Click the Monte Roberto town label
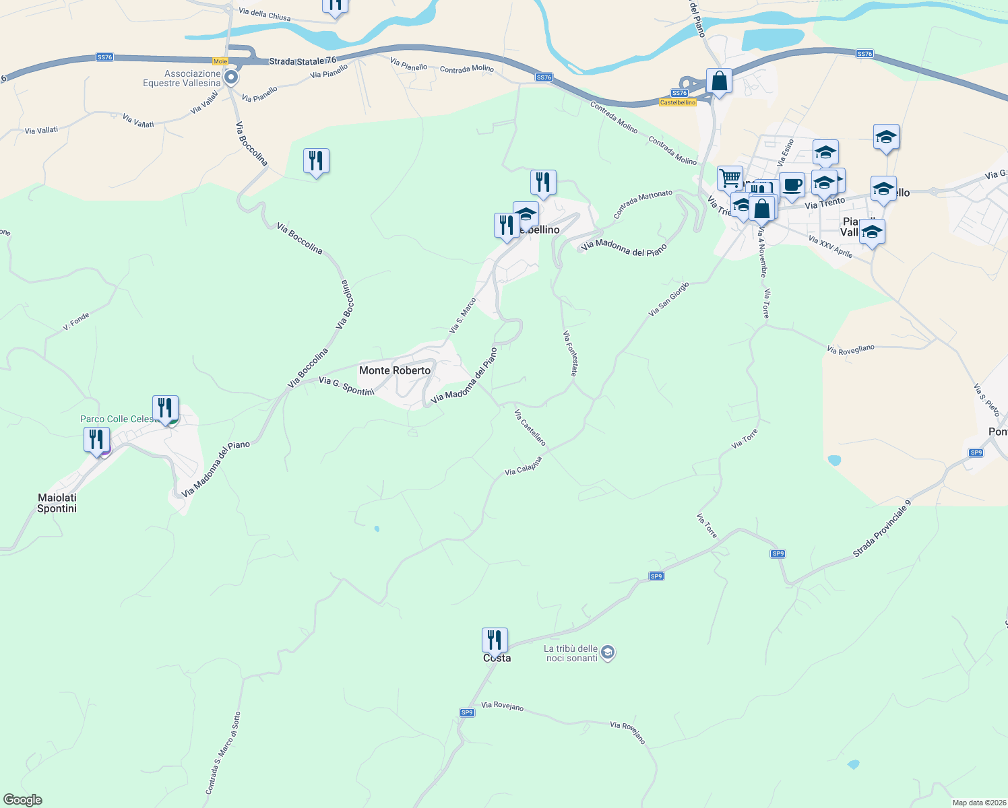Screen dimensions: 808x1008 394,370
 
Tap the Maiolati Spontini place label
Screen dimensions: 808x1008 57,503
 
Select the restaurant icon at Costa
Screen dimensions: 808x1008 495,641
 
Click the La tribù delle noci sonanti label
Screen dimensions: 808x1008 571,653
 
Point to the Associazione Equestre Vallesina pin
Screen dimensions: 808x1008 231,77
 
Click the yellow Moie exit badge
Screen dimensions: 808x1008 220,61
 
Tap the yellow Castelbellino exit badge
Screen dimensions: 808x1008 677,102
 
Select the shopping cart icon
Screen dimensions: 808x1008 730,179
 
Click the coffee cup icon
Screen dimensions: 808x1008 792,185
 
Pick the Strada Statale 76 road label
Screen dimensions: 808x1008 303,61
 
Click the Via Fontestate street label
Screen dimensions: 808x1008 570,353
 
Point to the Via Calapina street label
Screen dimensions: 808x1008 524,467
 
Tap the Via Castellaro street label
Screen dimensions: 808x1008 530,428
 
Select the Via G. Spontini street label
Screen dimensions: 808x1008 346,386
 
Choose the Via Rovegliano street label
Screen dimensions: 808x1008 850,349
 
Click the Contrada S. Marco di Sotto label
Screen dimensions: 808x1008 223,753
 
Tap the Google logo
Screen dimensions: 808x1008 23,800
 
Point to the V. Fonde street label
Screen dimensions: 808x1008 76,321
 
